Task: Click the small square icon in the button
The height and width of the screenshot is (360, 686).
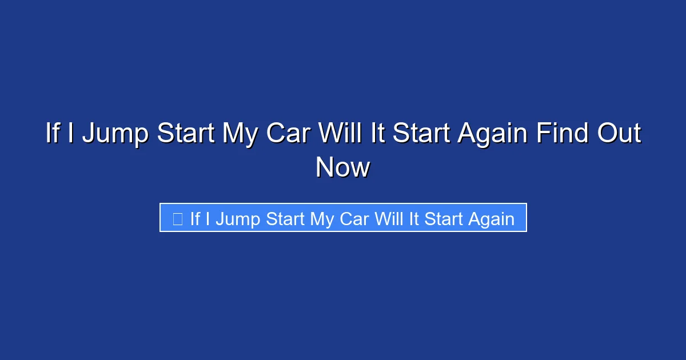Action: click(x=178, y=219)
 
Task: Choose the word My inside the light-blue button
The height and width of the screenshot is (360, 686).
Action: click(x=320, y=219)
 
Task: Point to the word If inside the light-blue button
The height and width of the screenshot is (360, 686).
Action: click(x=195, y=219)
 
